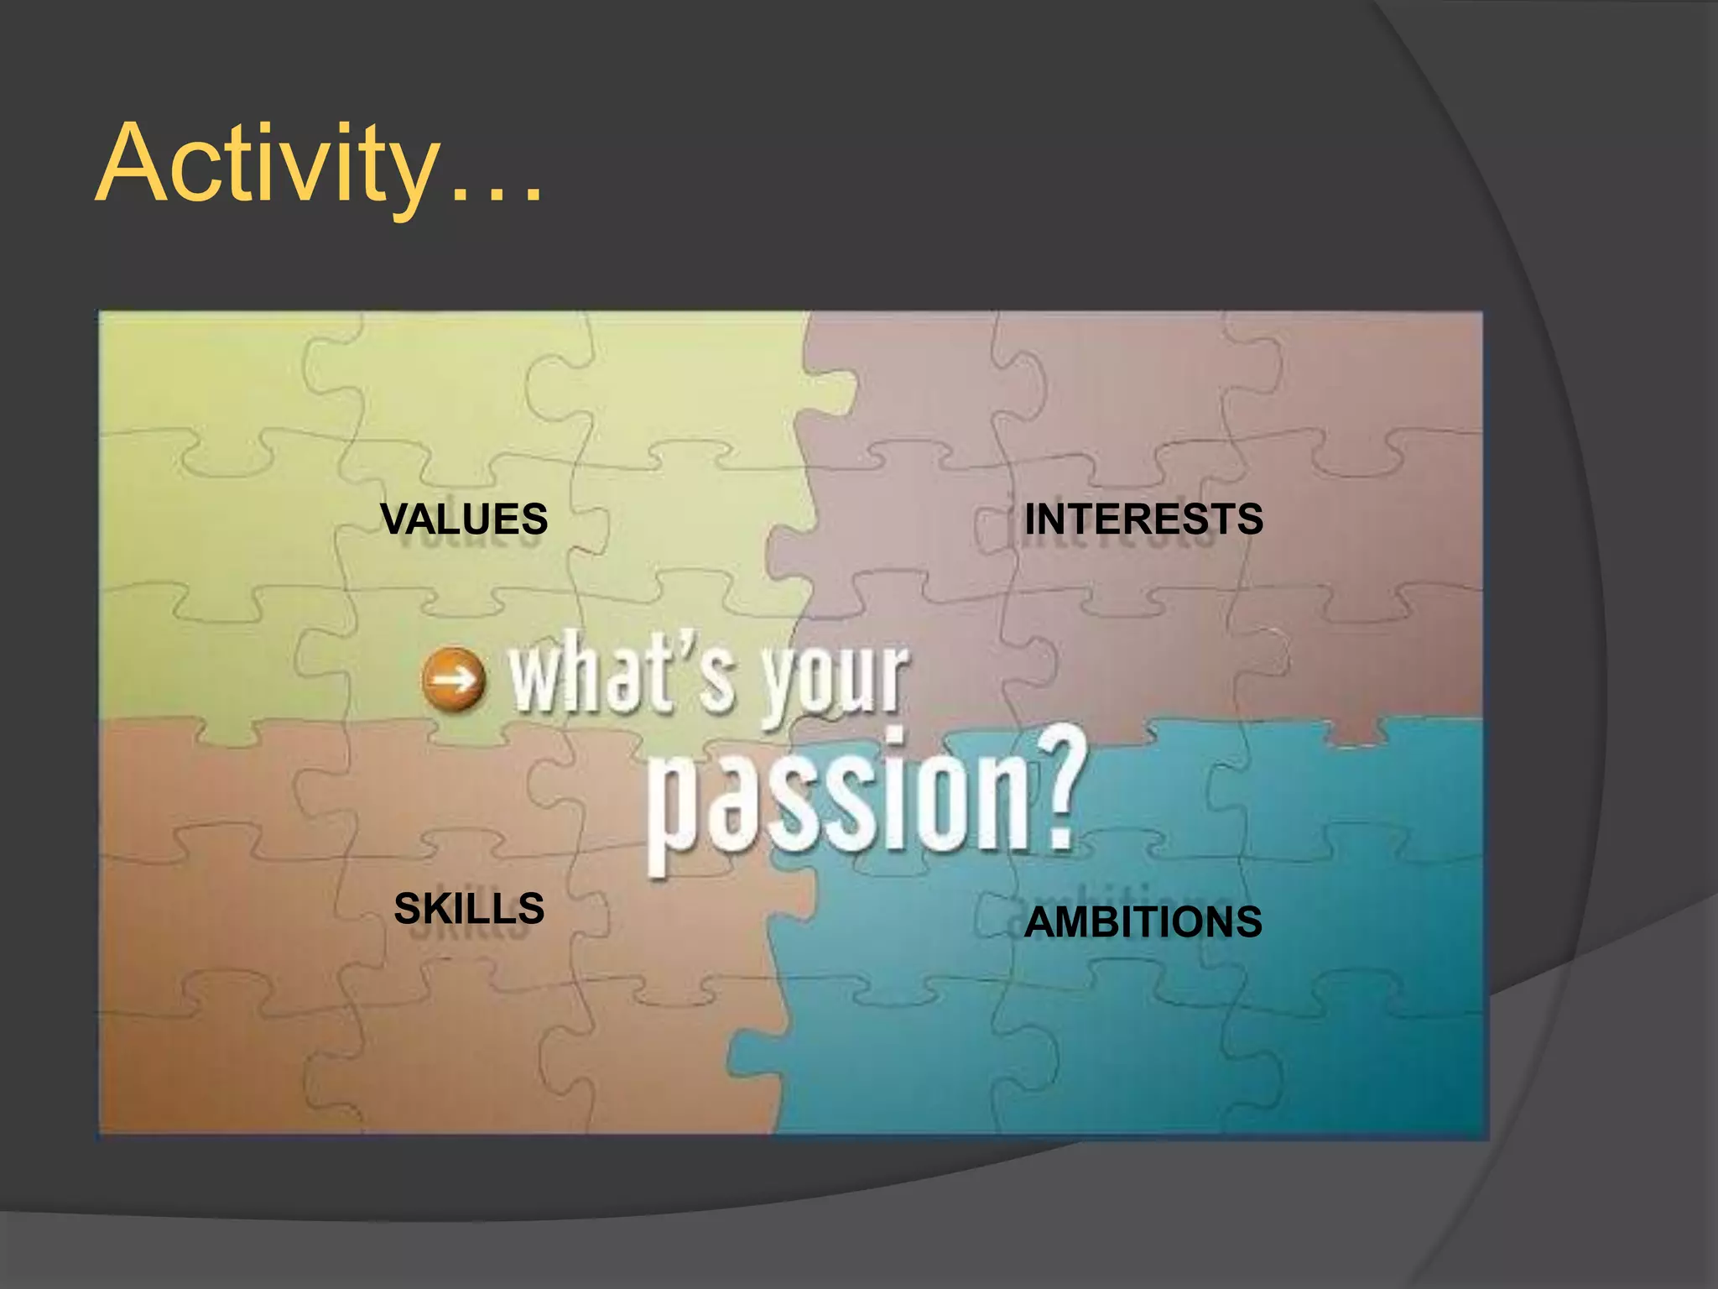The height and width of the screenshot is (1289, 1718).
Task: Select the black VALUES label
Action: [x=464, y=519]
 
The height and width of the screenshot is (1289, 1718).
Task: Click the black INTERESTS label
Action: [x=1143, y=519]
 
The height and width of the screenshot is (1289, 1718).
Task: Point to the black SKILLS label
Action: [x=469, y=908]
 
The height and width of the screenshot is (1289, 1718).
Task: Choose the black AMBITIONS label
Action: [x=1143, y=921]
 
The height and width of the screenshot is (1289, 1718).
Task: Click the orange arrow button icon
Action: [x=454, y=679]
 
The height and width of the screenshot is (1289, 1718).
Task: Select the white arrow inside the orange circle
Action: [x=454, y=679]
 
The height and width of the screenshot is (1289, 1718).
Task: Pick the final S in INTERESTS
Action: [x=1249, y=519]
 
